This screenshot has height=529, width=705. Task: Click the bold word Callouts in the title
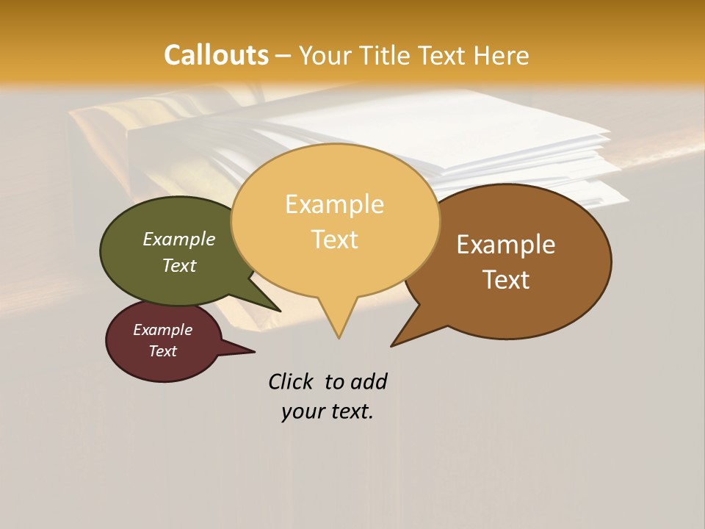216,55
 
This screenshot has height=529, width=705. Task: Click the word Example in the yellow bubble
334,204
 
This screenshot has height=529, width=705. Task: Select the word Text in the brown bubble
507,280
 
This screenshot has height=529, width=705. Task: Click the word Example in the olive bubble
178,240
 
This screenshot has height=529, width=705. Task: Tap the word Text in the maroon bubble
162,351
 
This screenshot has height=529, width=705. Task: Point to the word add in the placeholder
369,381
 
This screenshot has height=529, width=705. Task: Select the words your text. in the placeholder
327,411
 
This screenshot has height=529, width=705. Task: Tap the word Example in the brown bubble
506,245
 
